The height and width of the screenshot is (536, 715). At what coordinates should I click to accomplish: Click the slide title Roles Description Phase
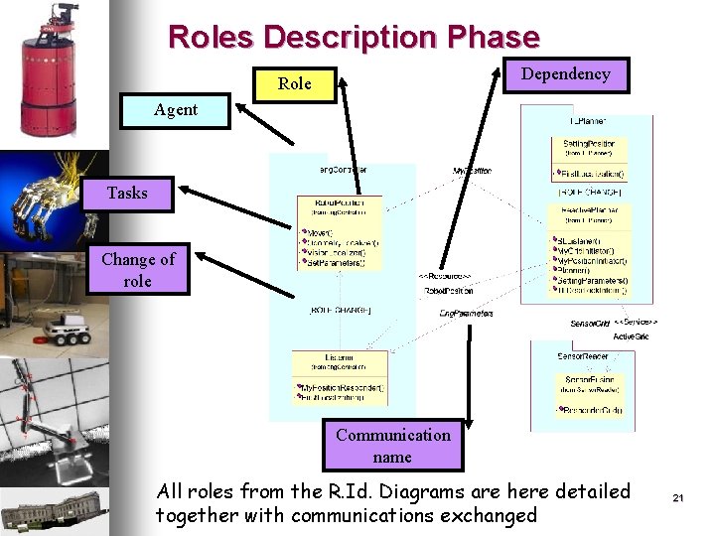[354, 38]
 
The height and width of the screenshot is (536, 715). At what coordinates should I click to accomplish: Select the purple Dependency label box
[565, 73]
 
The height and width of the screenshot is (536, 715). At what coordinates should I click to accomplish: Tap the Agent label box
[175, 110]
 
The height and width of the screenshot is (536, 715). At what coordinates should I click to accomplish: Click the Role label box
[294, 84]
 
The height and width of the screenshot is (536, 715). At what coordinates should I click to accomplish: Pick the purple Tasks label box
[126, 193]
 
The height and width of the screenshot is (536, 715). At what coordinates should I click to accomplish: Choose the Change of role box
[137, 270]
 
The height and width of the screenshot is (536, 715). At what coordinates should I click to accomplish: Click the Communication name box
[392, 446]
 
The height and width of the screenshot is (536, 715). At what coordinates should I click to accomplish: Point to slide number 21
[679, 497]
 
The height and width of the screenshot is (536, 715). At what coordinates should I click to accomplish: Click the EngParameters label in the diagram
[466, 314]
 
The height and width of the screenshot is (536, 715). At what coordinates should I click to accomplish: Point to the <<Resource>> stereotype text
[444, 276]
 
